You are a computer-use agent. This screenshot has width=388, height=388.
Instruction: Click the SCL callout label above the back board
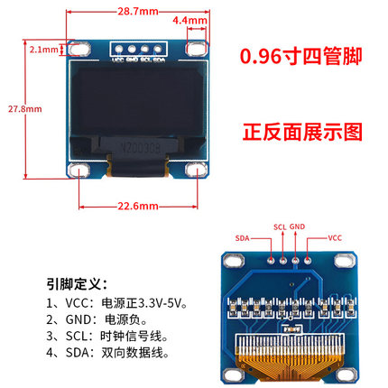click(x=280, y=226)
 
